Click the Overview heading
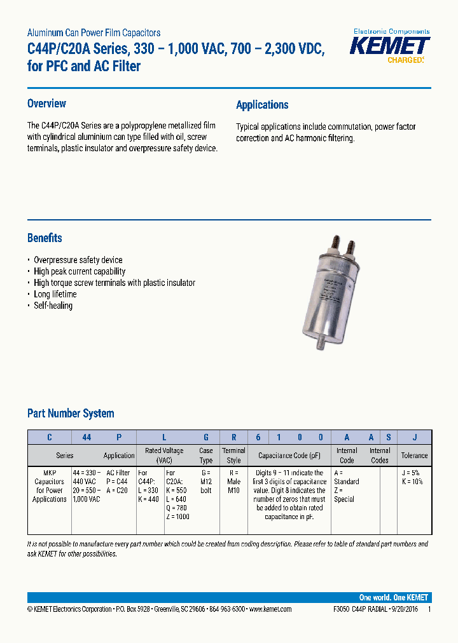[x=46, y=104]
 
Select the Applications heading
[x=262, y=105]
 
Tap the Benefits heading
[x=45, y=238]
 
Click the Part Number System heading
[x=71, y=413]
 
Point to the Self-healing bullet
[x=53, y=306]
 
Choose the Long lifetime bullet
[x=55, y=294]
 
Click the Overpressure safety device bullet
[x=78, y=260]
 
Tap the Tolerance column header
[x=414, y=456]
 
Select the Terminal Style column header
[x=233, y=455]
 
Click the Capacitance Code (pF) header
[x=290, y=456]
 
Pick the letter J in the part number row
[x=415, y=437]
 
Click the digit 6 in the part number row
[x=258, y=437]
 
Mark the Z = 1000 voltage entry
[x=177, y=517]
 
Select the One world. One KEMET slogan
[x=393, y=597]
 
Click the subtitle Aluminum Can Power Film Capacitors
[x=94, y=32]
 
